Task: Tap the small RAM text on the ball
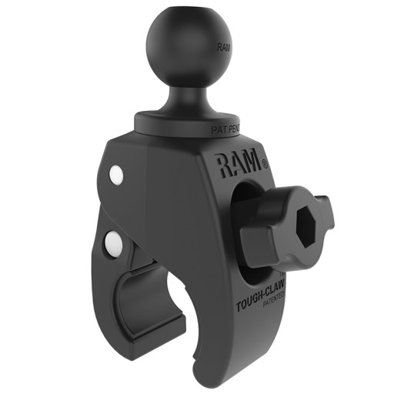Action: [223, 48]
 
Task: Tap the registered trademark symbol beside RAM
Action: [264, 162]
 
